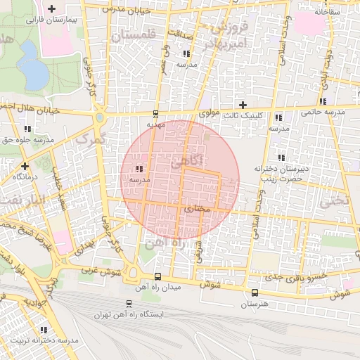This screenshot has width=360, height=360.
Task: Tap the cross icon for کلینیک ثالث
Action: [x=243, y=105]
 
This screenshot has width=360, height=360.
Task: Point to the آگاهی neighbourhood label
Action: [x=186, y=161]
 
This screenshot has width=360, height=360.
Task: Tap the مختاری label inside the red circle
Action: [x=197, y=208]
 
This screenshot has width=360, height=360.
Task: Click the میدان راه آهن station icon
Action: [x=157, y=276]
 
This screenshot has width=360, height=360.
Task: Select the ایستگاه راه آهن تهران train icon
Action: [x=128, y=304]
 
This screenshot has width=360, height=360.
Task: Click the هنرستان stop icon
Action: [x=255, y=292]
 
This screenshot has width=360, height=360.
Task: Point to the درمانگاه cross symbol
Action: [x=25, y=166]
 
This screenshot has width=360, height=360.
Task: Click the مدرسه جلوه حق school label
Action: [x=30, y=140]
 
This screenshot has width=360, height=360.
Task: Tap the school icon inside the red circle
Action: [x=139, y=169]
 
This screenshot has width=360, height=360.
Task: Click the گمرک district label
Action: [x=89, y=139]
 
